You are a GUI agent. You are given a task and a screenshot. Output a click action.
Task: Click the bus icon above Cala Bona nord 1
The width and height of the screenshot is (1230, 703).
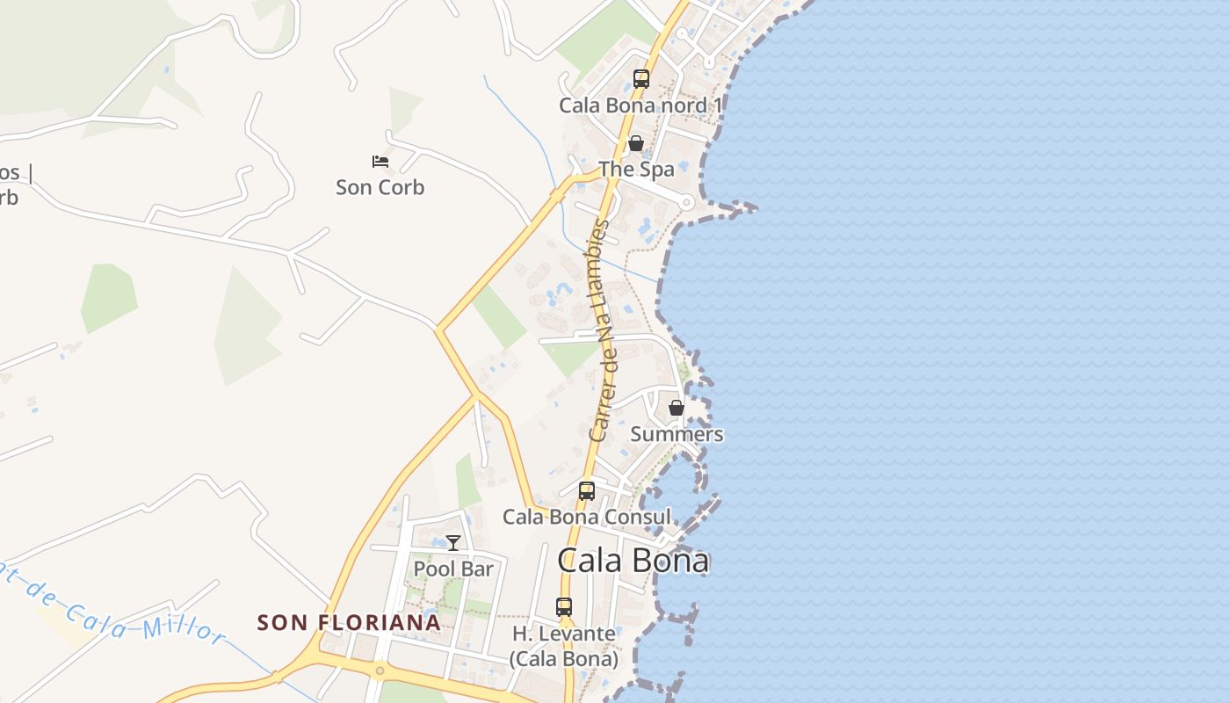(x=641, y=79)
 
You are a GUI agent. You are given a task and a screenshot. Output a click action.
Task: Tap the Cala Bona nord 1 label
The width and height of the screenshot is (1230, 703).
(x=640, y=105)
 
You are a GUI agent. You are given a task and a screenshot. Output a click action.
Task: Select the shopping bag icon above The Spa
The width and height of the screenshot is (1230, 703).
(x=636, y=143)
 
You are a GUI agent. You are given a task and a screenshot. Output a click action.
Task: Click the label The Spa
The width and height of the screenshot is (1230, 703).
(x=636, y=169)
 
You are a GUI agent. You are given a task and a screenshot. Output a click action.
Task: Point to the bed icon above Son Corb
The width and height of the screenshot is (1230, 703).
(x=380, y=162)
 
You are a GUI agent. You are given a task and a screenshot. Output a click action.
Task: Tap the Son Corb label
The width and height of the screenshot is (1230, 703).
(x=380, y=187)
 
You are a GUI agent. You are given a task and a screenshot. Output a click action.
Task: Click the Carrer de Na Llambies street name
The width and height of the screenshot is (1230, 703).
(x=600, y=330)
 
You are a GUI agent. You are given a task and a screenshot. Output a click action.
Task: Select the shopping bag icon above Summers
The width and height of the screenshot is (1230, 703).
(x=676, y=408)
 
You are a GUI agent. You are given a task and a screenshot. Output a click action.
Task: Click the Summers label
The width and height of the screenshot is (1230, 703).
(x=676, y=434)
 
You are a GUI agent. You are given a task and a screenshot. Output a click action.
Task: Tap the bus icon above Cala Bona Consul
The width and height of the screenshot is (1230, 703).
(x=587, y=491)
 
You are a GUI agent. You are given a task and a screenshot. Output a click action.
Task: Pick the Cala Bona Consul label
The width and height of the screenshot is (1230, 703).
(x=586, y=517)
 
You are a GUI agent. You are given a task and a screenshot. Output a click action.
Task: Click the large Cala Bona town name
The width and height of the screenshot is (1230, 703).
(x=633, y=561)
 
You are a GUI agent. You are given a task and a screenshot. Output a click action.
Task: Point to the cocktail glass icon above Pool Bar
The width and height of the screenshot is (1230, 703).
(x=453, y=543)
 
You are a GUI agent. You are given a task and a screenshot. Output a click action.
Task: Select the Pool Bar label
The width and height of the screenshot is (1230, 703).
(x=453, y=569)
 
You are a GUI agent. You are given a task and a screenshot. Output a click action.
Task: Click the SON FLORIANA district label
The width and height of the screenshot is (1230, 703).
(x=349, y=623)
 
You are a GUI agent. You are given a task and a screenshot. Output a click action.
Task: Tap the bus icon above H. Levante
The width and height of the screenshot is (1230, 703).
(x=564, y=607)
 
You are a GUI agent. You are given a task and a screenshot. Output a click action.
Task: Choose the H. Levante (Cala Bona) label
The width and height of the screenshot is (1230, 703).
(x=564, y=646)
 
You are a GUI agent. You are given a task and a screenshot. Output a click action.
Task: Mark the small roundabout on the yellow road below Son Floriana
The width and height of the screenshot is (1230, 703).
(x=380, y=671)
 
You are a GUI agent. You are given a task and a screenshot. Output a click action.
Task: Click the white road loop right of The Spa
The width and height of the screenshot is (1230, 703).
(x=687, y=203)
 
